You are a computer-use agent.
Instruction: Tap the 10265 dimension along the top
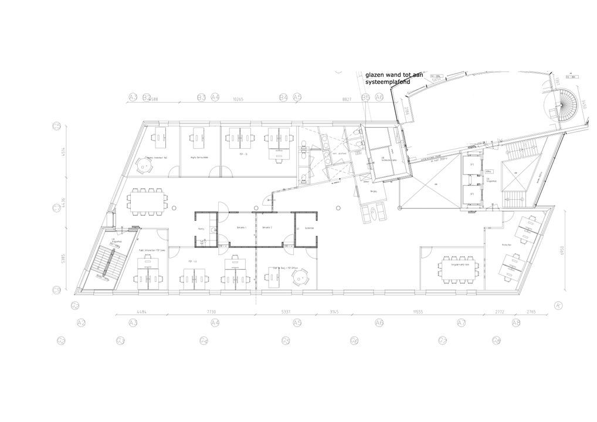click(238, 100)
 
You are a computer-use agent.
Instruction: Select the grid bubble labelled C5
click(57, 126)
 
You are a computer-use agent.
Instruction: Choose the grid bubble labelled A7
click(462, 323)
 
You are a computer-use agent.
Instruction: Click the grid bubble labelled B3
click(201, 97)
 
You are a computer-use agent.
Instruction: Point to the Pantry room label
click(201, 229)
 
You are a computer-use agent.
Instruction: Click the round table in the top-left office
click(144, 166)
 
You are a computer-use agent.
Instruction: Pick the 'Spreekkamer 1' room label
click(241, 227)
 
